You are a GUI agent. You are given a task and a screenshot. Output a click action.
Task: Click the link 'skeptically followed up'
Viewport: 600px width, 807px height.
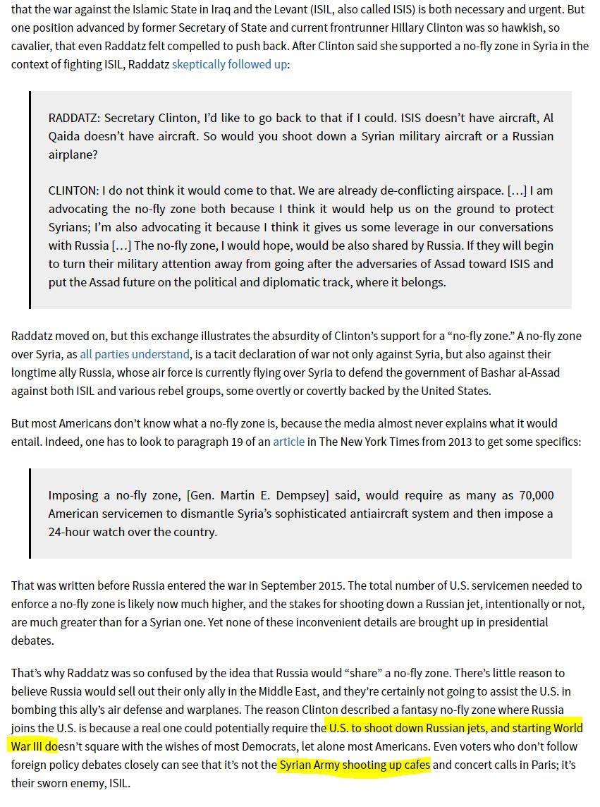(x=229, y=64)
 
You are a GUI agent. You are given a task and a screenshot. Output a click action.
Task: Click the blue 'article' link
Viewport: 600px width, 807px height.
(x=289, y=442)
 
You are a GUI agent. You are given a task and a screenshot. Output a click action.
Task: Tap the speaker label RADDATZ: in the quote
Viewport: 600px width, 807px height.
(x=74, y=118)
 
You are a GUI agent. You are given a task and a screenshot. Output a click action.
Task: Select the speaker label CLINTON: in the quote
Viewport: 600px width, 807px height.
(x=73, y=191)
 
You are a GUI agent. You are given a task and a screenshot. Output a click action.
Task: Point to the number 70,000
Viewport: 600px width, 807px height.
(x=531, y=496)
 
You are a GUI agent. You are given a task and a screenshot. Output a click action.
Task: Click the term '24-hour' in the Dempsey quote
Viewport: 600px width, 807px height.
(x=71, y=533)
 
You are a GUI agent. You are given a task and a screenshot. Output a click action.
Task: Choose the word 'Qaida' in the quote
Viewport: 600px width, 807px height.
(x=66, y=136)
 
